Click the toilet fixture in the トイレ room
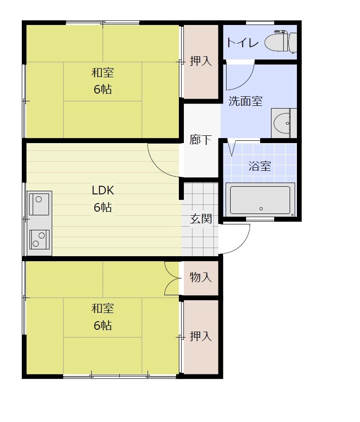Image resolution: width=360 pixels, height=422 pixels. [x=281, y=42]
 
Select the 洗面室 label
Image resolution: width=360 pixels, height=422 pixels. [x=246, y=101]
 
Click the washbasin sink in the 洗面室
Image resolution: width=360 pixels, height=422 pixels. [x=284, y=123]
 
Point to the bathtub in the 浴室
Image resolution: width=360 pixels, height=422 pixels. [x=260, y=200]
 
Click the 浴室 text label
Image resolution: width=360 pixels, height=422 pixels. [x=260, y=166]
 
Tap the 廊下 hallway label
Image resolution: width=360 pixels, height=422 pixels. [x=200, y=139]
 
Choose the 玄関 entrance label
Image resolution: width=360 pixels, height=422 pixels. [x=201, y=218]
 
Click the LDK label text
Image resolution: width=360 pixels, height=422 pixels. [x=103, y=190]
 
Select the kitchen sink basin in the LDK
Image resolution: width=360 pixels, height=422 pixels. [x=39, y=204]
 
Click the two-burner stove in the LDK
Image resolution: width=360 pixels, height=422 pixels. [x=39, y=239]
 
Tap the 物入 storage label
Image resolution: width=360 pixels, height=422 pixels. [x=201, y=277]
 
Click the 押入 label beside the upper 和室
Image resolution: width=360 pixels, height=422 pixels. [x=201, y=61]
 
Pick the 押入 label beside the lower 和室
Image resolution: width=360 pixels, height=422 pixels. [x=201, y=336]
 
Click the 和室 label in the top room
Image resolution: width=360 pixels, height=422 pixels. [x=103, y=73]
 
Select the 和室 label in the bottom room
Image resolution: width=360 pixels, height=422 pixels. [x=103, y=308]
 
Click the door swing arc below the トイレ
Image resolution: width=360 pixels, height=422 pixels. [x=247, y=81]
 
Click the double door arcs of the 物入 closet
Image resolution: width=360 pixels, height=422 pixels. [x=169, y=278]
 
